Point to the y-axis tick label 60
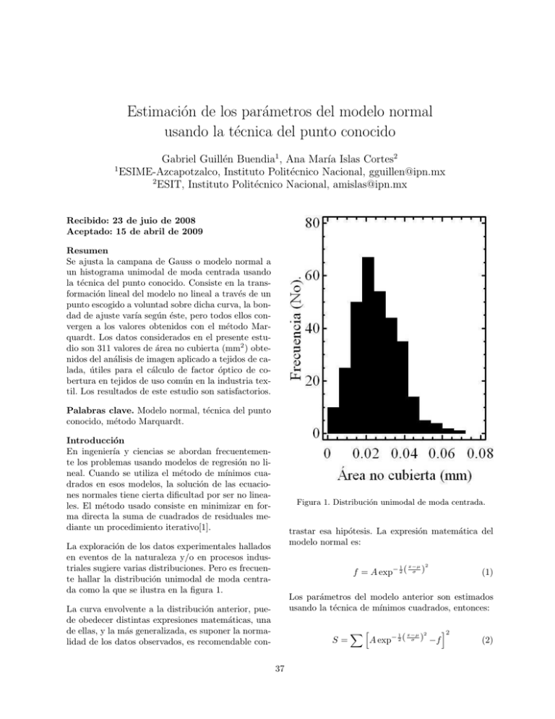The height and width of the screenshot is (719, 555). [x=311, y=276]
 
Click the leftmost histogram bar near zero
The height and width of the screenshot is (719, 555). [x=333, y=420]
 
